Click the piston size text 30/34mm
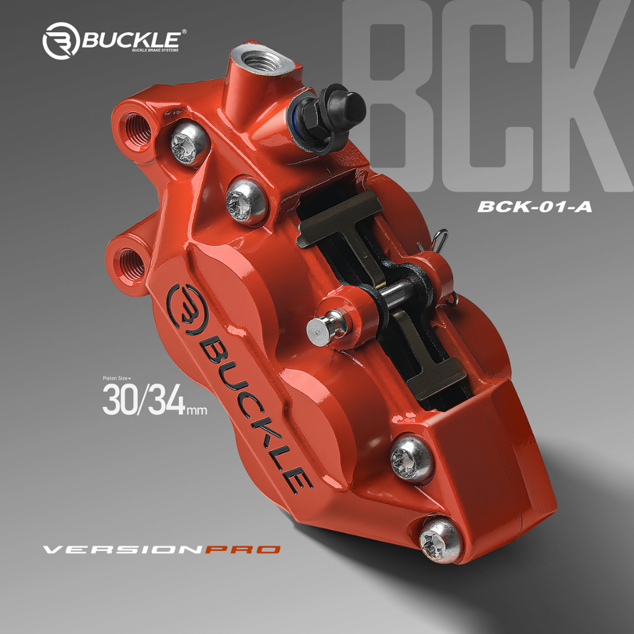(154, 401)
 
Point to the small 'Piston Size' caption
(117, 378)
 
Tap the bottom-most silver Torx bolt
(441, 539)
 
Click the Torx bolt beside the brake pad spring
(246, 200)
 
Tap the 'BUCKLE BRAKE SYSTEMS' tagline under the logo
(154, 51)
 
